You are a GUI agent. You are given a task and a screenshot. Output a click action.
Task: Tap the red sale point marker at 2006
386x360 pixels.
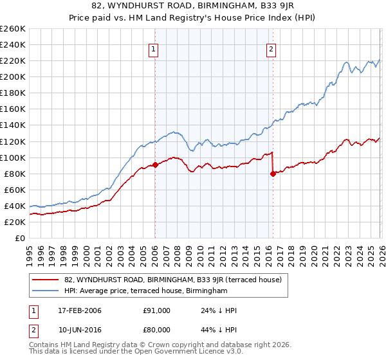click(x=155, y=165)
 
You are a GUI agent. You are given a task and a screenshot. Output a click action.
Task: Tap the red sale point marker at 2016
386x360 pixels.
click(x=273, y=173)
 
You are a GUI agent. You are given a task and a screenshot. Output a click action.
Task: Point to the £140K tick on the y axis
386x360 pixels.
click(x=13, y=125)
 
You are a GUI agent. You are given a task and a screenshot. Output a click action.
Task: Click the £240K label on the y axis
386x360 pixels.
click(x=13, y=45)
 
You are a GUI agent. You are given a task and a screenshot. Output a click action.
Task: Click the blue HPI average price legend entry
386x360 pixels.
click(x=146, y=291)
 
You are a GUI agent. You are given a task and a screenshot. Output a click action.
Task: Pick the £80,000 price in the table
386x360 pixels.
click(x=156, y=331)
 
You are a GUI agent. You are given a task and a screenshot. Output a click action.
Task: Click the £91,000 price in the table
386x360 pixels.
click(x=156, y=310)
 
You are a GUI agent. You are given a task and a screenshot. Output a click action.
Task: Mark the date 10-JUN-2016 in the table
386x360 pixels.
click(x=78, y=331)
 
